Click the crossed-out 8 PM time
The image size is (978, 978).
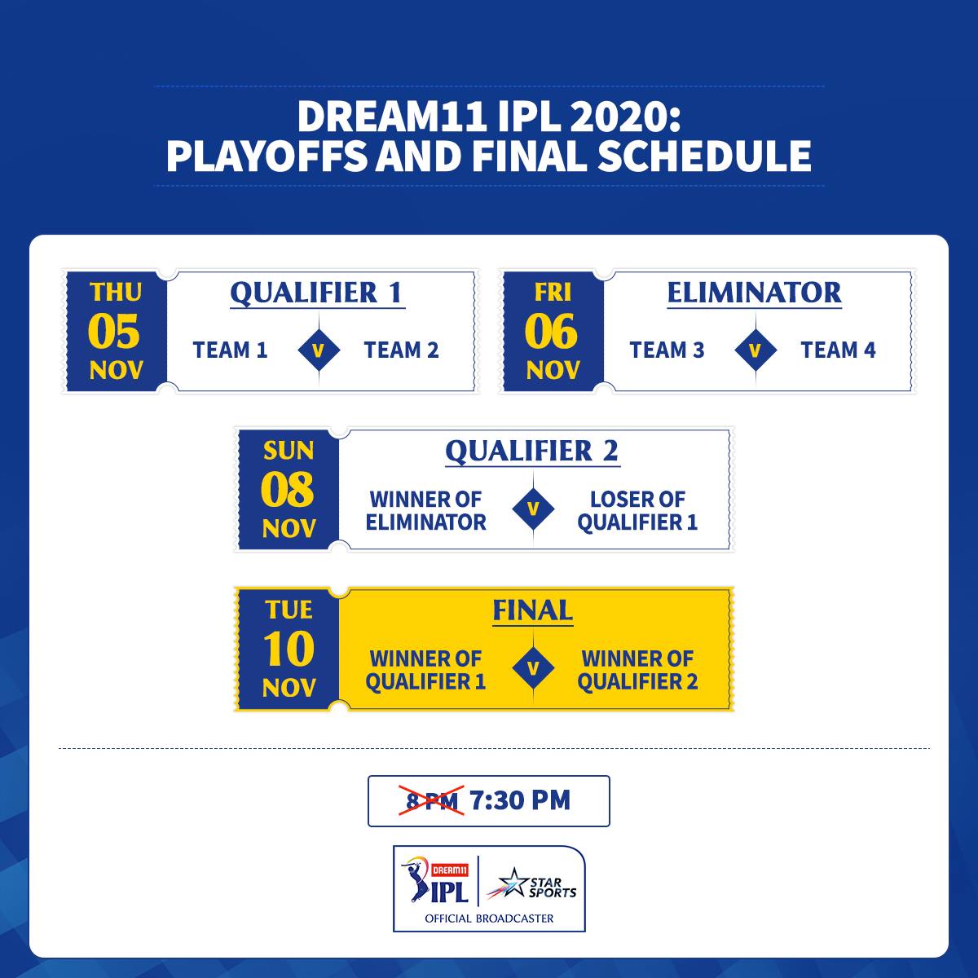tap(431, 800)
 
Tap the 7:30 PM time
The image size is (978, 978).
tap(520, 800)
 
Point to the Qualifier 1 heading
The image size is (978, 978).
tap(317, 293)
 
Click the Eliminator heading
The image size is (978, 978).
tap(754, 293)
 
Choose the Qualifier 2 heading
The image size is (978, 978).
tap(532, 452)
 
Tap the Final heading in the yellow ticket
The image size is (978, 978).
tap(533, 610)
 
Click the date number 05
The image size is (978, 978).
tap(113, 331)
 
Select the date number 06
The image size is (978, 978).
tap(551, 331)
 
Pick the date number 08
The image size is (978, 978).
tap(287, 489)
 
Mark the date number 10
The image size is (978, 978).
tap(289, 648)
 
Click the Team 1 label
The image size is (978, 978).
tap(230, 350)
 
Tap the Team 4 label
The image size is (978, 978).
tap(838, 350)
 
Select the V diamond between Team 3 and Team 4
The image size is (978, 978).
tap(756, 350)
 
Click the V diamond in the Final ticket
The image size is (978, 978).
tap(533, 668)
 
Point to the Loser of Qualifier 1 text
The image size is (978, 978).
tap(637, 510)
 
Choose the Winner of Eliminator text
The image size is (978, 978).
tap(425, 510)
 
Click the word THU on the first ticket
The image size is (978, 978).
tap(116, 293)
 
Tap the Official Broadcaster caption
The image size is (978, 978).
tap(489, 919)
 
